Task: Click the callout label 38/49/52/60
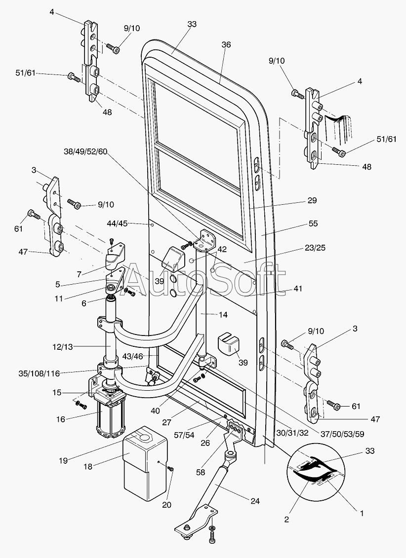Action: point(85,151)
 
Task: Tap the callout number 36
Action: point(226,44)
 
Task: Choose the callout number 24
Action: point(255,501)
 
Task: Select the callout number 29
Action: point(312,200)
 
